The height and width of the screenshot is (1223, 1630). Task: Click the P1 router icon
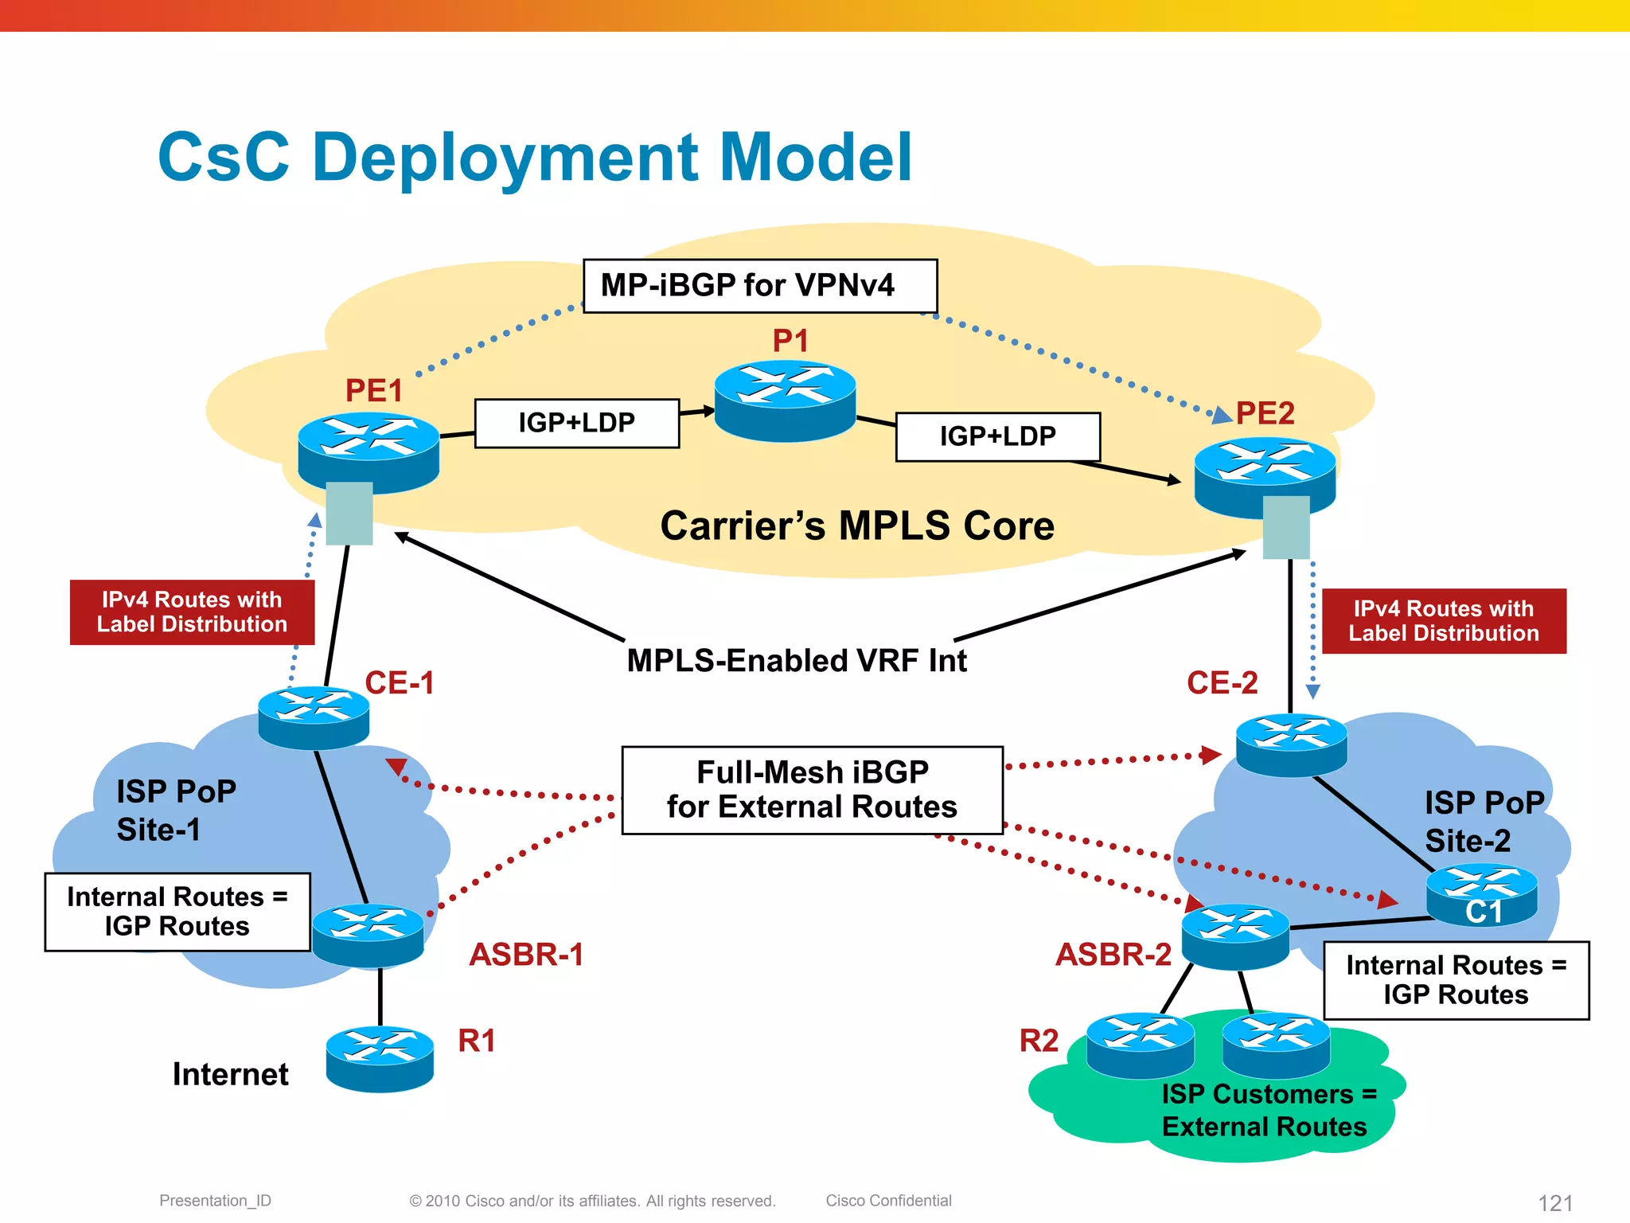coord(785,401)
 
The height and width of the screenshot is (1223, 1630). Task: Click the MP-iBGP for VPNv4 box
coord(760,286)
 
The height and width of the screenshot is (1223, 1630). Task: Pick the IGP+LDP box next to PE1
coord(577,424)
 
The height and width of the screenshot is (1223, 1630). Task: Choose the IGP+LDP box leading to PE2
coord(998,436)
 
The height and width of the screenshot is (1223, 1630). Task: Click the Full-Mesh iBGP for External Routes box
coord(812,790)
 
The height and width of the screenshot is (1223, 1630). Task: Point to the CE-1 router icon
coord(314,717)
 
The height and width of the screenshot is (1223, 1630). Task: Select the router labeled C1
coord(1481,895)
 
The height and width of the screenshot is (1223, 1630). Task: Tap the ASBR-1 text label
coord(526,955)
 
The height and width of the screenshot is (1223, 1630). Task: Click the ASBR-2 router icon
coord(1235,936)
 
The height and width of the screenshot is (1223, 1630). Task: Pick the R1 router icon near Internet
coord(380,1058)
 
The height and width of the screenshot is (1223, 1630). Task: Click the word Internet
coord(230,1074)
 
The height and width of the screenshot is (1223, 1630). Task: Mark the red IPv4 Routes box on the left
coord(192,611)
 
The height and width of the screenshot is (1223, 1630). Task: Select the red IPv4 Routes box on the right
coord(1444,621)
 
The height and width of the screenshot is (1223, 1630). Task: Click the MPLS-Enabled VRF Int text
coord(797,661)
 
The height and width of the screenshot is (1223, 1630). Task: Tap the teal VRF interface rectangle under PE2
coord(1286,527)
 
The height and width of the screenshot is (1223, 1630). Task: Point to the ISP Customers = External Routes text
coord(1265,1110)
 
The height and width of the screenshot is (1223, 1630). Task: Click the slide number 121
coord(1555,1202)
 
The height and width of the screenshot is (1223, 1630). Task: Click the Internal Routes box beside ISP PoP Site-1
coord(177,912)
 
